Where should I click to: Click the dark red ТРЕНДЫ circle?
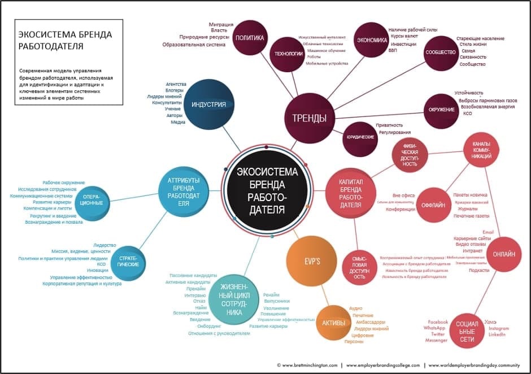coord(309,118)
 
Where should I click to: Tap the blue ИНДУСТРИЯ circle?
coord(208,105)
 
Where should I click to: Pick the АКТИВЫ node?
coord(333,323)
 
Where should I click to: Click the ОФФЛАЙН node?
coord(434,205)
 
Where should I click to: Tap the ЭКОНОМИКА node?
coord(371,40)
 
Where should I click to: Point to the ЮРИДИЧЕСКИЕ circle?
coord(360,137)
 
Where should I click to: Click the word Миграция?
coord(221,24)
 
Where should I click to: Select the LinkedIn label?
coord(497,335)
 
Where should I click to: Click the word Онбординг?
coord(208,326)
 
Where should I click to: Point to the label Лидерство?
coord(104,245)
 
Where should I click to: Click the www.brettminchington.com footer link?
coord(307,365)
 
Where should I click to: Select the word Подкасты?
coord(480,271)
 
